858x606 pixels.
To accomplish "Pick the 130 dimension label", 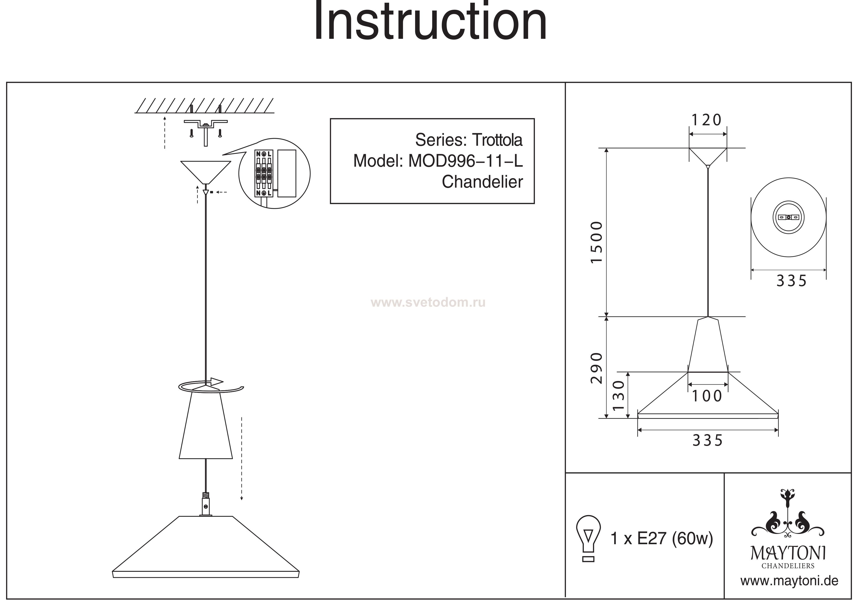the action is pos(619,395).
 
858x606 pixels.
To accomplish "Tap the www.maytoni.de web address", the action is pos(789,581).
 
